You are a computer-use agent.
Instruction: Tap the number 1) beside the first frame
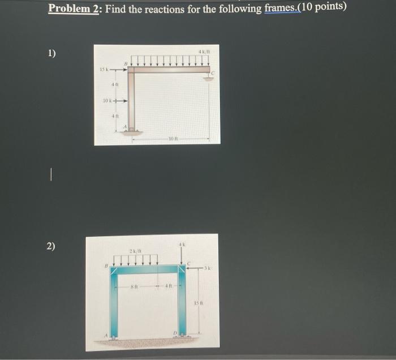(52, 54)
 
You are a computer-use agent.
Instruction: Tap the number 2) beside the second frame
(51, 246)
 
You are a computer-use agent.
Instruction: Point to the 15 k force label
(104, 70)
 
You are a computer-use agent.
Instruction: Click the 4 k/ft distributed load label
(205, 53)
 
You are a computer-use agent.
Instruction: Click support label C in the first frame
(213, 73)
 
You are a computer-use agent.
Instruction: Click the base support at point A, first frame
(132, 131)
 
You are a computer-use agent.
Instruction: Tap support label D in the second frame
(176, 333)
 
